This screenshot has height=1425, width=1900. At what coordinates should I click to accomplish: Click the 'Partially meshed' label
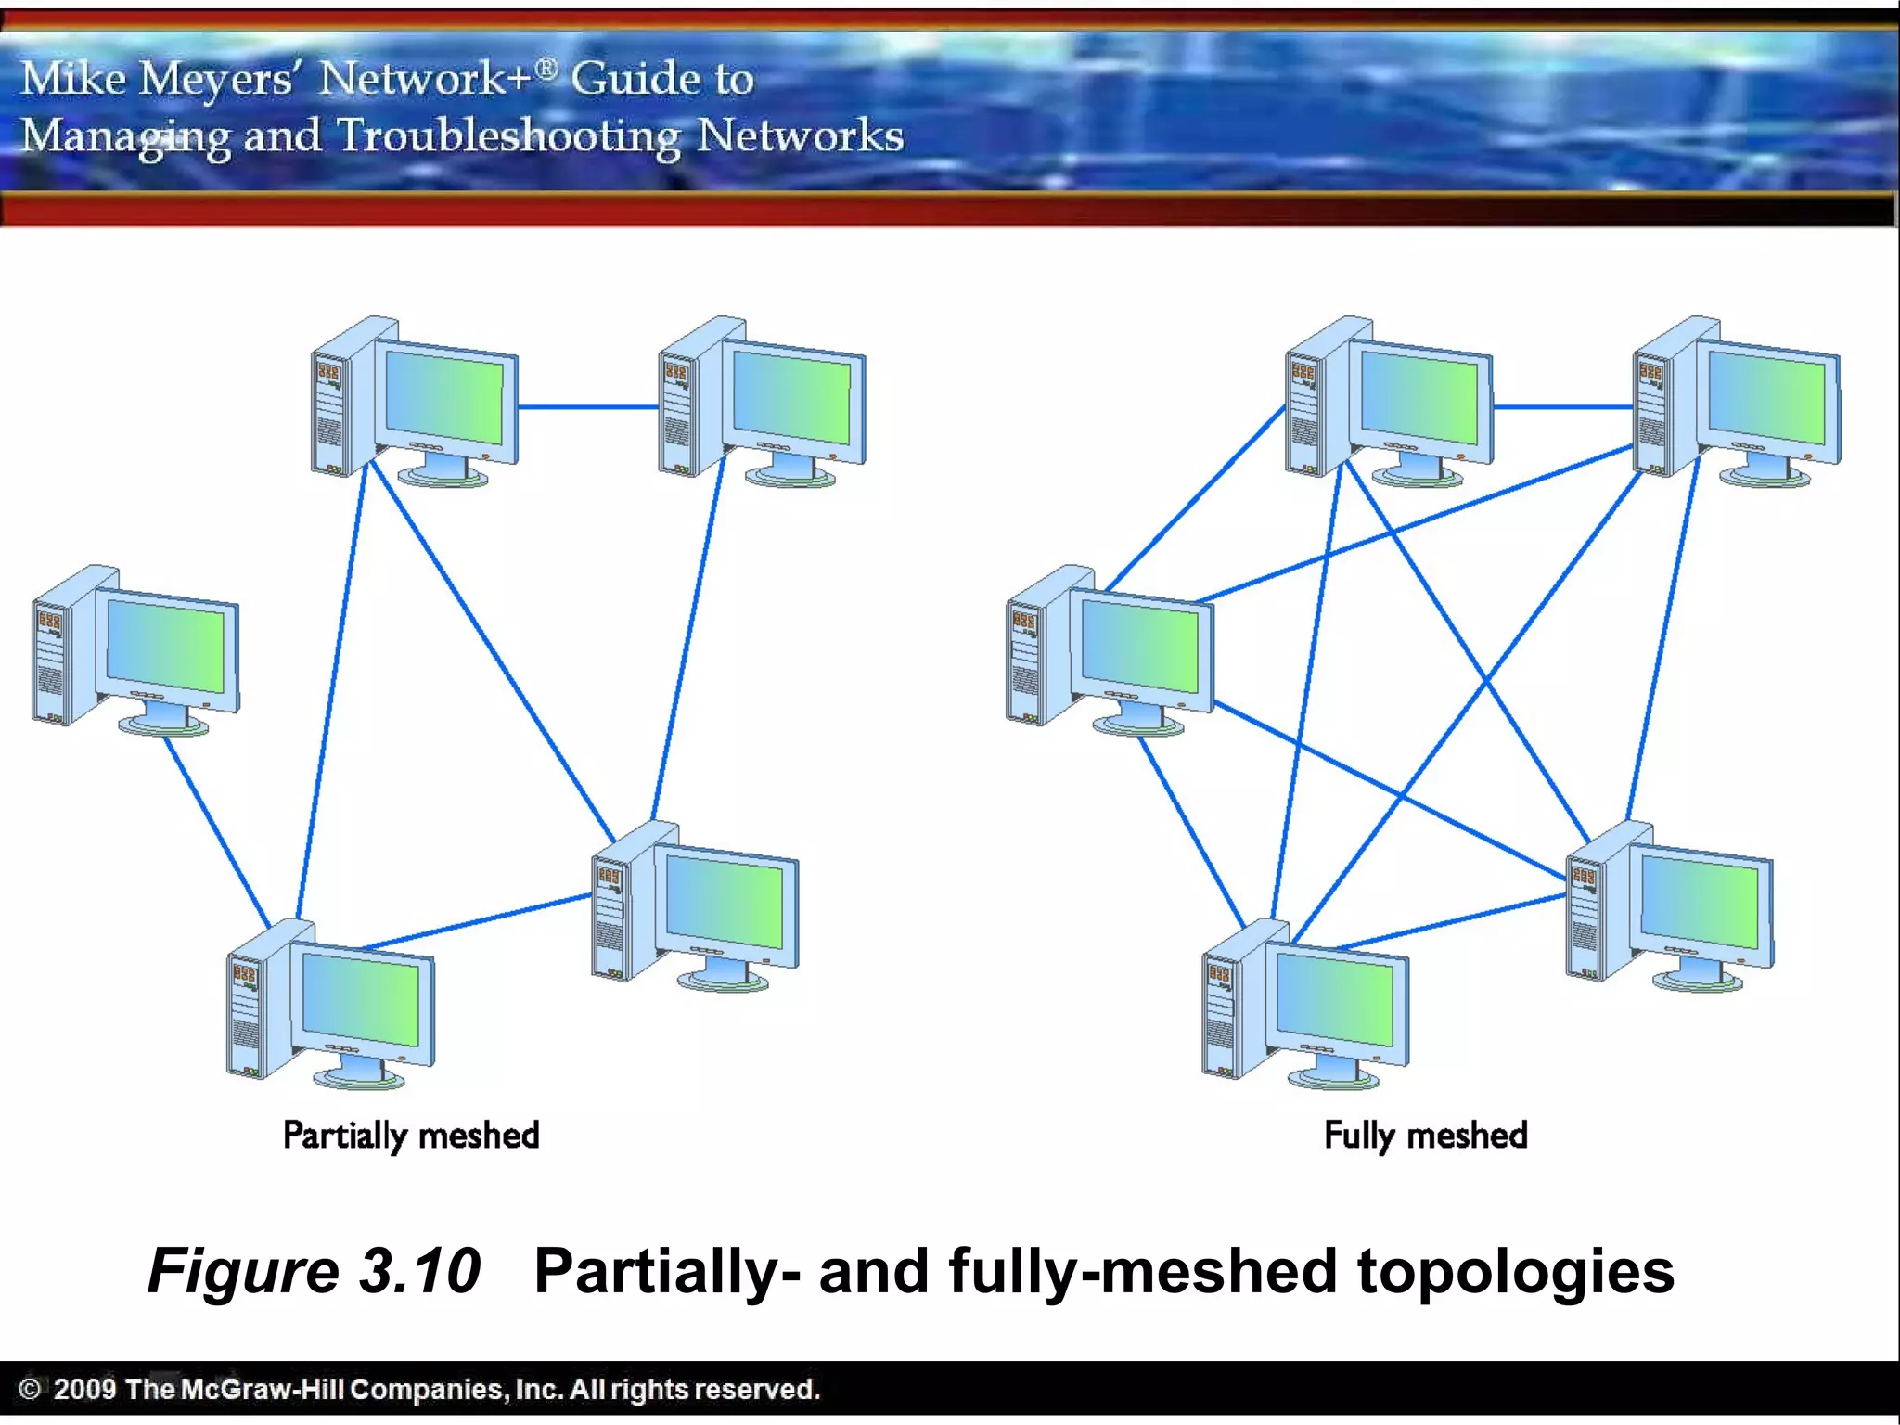point(411,1135)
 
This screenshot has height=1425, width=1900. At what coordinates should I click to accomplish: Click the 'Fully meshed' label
point(1425,1135)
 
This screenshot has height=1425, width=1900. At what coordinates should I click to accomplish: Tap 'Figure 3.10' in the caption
point(314,1270)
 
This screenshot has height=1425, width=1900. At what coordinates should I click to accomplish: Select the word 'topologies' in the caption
point(1516,1272)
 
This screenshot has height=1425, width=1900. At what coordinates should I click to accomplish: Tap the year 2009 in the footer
point(84,1389)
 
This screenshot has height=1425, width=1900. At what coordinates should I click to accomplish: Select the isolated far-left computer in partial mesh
point(135,649)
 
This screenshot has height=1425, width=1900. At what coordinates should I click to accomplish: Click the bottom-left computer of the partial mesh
point(331,1002)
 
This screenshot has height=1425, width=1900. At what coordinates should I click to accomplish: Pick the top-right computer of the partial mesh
point(762,401)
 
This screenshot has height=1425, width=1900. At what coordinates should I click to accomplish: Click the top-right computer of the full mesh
point(1736,401)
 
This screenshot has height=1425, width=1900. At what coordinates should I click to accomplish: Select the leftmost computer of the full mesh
point(1110,649)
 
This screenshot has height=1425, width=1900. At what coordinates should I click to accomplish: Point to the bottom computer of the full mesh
point(1305,1002)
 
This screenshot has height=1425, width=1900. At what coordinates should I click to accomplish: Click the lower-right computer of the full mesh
point(1670,905)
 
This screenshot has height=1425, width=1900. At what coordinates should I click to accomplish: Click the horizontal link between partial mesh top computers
point(587,406)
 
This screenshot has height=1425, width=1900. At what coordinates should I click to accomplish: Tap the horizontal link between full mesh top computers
point(1562,406)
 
